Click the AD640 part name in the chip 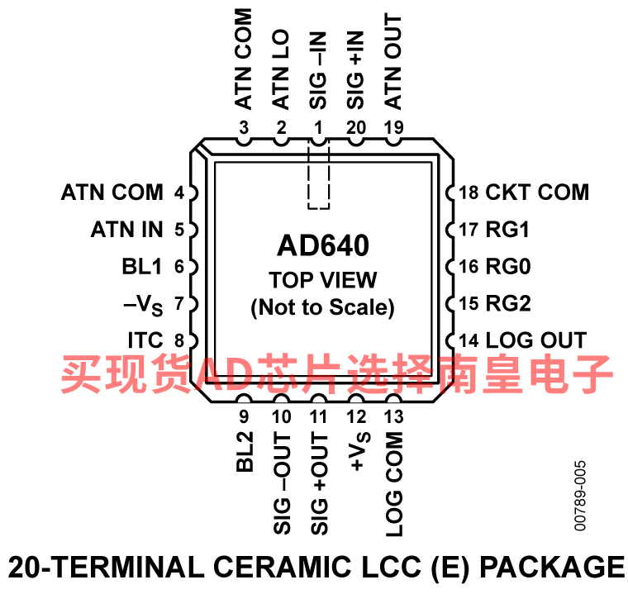tap(323, 245)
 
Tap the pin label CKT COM tap(537, 192)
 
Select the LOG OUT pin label tap(536, 340)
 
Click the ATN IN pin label tap(127, 230)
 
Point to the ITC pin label tap(145, 340)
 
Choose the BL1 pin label tap(142, 266)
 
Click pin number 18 tap(469, 192)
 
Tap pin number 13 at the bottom tap(393, 416)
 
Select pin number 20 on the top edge tap(356, 128)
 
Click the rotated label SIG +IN tap(355, 70)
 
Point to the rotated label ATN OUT tap(392, 61)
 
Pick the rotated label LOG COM tap(393, 484)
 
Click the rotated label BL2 tap(245, 451)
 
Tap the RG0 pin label tap(508, 266)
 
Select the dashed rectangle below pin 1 tap(319, 173)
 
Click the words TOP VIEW tap(323, 280)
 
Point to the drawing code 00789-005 tap(580, 496)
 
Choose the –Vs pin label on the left tap(143, 305)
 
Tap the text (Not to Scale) tap(323, 307)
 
